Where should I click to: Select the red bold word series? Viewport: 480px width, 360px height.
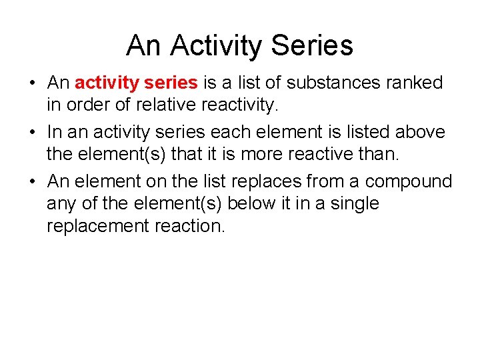coord(171,83)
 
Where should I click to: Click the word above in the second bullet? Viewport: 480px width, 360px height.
coord(419,132)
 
